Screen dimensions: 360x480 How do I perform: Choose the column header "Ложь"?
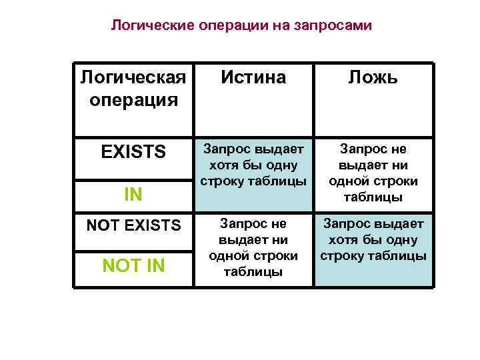coord(373,77)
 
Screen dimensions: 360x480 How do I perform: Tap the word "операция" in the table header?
coord(133,100)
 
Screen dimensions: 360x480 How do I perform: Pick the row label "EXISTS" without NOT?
coord(133,152)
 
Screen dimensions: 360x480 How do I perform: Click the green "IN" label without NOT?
coord(133,195)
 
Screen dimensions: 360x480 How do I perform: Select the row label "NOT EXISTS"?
coord(133,226)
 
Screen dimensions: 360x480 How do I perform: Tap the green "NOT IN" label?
coord(133,266)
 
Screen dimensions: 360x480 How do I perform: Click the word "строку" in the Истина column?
coord(219,181)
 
